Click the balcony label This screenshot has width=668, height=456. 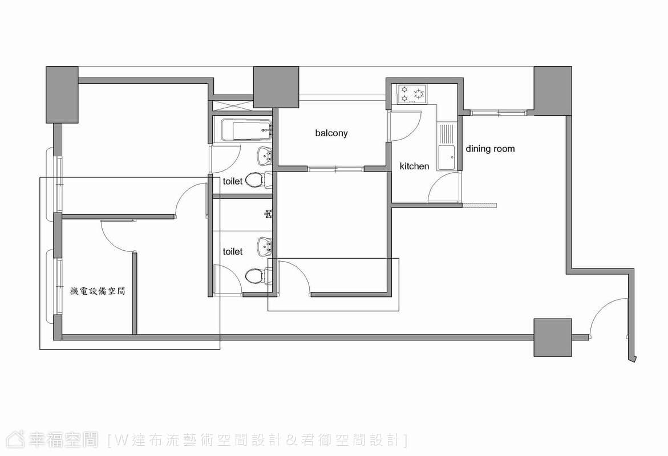pos(331,133)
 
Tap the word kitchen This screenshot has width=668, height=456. pos(414,166)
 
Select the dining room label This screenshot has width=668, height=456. pos(490,149)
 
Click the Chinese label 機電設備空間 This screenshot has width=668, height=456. pos(98,291)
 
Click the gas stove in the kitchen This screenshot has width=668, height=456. pos(412,95)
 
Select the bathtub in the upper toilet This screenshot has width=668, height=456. pos(246,130)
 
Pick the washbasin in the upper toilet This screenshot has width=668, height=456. pos(265,156)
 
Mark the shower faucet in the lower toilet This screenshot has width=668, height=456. pos(268,213)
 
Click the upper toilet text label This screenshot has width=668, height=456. pos(233,181)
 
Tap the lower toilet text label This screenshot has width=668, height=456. pos(233,251)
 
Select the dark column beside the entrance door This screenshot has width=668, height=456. pos(553,337)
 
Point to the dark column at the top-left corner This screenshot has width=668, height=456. pos(62,95)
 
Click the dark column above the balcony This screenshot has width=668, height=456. pos(276,87)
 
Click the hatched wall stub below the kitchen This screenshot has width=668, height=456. pos(480,205)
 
